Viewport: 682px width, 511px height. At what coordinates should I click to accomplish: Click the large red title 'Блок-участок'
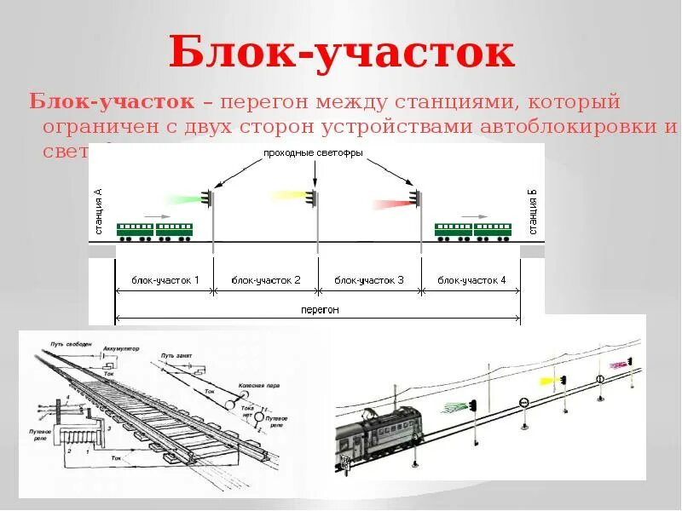click(x=341, y=53)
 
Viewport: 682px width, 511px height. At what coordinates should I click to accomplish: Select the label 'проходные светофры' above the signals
click(x=314, y=153)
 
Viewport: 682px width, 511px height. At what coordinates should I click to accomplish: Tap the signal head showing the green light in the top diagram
click(x=207, y=198)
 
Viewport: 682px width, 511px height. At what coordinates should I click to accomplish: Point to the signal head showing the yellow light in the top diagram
click(x=312, y=198)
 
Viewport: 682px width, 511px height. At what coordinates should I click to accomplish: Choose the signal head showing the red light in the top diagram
click(x=415, y=198)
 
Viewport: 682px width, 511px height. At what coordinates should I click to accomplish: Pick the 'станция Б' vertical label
click(x=532, y=213)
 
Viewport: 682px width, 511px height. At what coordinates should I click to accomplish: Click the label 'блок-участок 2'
click(x=266, y=280)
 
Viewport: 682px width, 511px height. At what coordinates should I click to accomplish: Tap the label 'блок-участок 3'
click(x=369, y=280)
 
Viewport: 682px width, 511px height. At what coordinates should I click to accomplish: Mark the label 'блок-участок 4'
click(x=471, y=280)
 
